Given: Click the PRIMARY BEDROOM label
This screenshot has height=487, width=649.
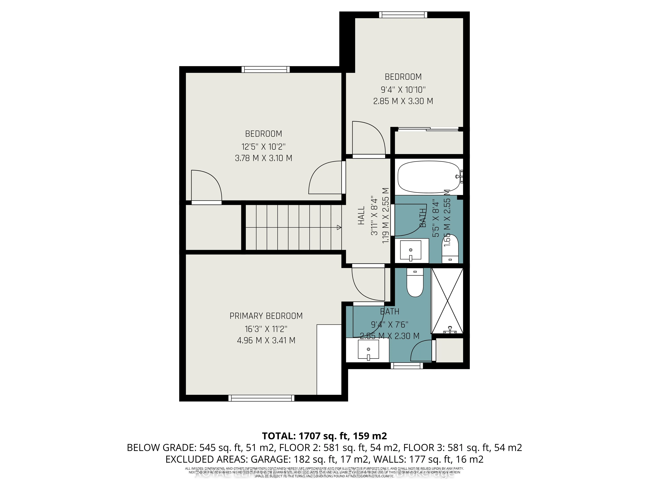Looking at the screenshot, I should click(x=266, y=316).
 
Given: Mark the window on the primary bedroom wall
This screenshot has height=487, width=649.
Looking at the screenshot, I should click(x=261, y=398).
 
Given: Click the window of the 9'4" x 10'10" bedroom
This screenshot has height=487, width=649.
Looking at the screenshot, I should click(x=403, y=15).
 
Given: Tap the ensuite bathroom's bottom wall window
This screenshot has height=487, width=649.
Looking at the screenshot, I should click(x=407, y=365).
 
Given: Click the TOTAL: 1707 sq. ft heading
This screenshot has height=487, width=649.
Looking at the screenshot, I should click(x=324, y=436).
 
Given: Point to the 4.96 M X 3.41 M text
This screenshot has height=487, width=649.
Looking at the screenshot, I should click(x=266, y=340).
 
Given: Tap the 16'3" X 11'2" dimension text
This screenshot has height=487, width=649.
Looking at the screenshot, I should click(x=266, y=329).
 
